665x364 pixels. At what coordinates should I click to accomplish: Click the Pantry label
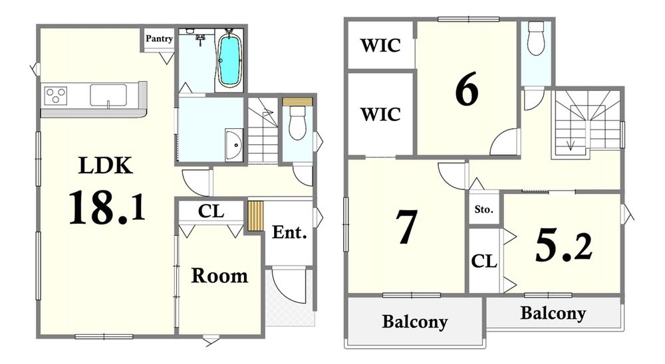159,39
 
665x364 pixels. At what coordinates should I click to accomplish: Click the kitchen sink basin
108,95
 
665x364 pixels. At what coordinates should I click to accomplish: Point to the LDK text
106,165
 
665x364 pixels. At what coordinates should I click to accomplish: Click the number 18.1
107,207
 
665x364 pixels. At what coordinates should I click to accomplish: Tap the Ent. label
289,232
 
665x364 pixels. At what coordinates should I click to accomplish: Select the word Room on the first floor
219,276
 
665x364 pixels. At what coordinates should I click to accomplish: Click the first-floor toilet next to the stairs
297,123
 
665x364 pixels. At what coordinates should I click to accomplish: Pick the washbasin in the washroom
234,145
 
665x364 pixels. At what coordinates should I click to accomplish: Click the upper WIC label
380,45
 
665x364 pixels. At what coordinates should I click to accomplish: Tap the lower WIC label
380,114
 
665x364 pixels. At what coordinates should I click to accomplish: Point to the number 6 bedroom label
467,90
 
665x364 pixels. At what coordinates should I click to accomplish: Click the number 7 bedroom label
406,227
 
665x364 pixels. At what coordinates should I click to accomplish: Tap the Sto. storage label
484,209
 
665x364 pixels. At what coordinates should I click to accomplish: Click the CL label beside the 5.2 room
484,261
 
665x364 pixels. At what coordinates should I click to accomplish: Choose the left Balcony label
415,321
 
